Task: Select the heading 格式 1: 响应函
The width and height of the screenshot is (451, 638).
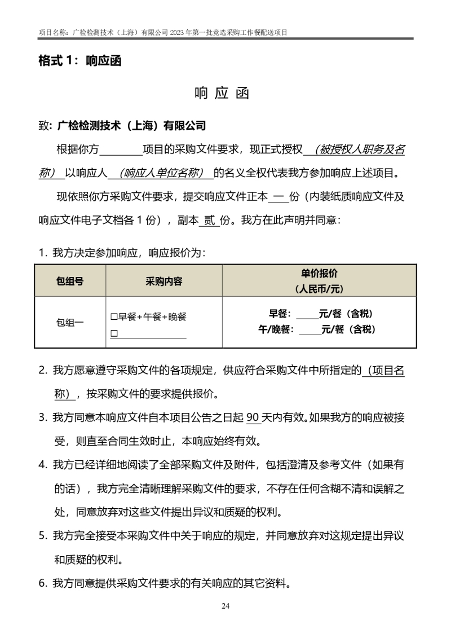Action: [79, 61]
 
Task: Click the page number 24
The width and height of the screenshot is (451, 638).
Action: [225, 606]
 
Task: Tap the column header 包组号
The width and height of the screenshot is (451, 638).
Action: [70, 281]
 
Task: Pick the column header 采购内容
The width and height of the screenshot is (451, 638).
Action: [164, 281]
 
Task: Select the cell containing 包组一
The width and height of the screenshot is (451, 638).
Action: [70, 323]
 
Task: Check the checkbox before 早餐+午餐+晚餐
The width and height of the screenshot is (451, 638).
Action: [114, 317]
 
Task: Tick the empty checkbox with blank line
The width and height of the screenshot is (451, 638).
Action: [114, 334]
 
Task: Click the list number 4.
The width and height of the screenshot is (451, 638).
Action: [42, 465]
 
